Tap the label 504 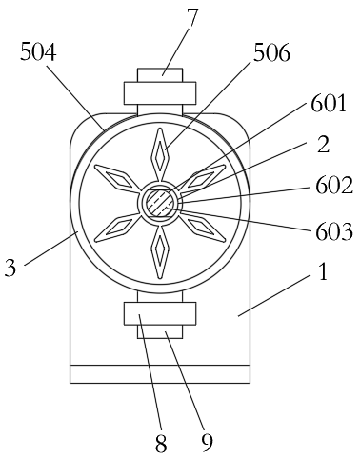pos(37,53)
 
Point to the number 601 pos(329,102)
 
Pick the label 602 pos(334,185)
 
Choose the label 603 pos(334,229)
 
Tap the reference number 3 pos(10,268)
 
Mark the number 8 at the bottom pos(160,442)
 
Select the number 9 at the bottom pos(207,442)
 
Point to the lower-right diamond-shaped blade pos(201,227)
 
